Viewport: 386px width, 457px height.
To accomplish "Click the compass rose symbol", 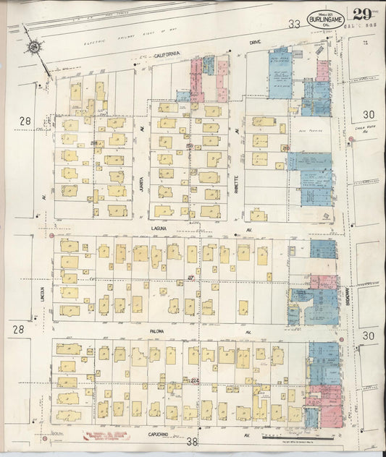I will pyautogui.click(x=33, y=48).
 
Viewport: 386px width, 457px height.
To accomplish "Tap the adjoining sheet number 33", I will pyautogui.click(x=293, y=24).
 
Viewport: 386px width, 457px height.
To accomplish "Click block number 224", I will pyautogui.click(x=193, y=380).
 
